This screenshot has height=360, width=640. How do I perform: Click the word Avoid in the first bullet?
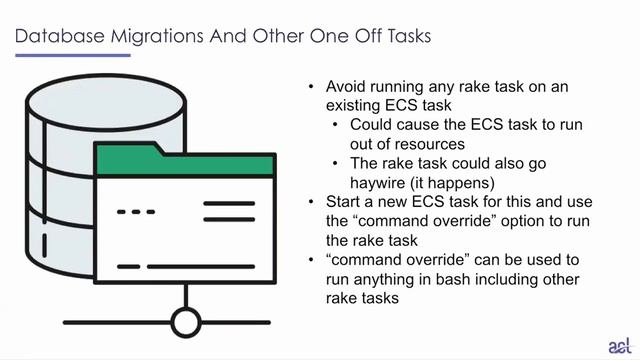[x=346, y=87]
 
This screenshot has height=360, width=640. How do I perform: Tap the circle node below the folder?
[x=185, y=322]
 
